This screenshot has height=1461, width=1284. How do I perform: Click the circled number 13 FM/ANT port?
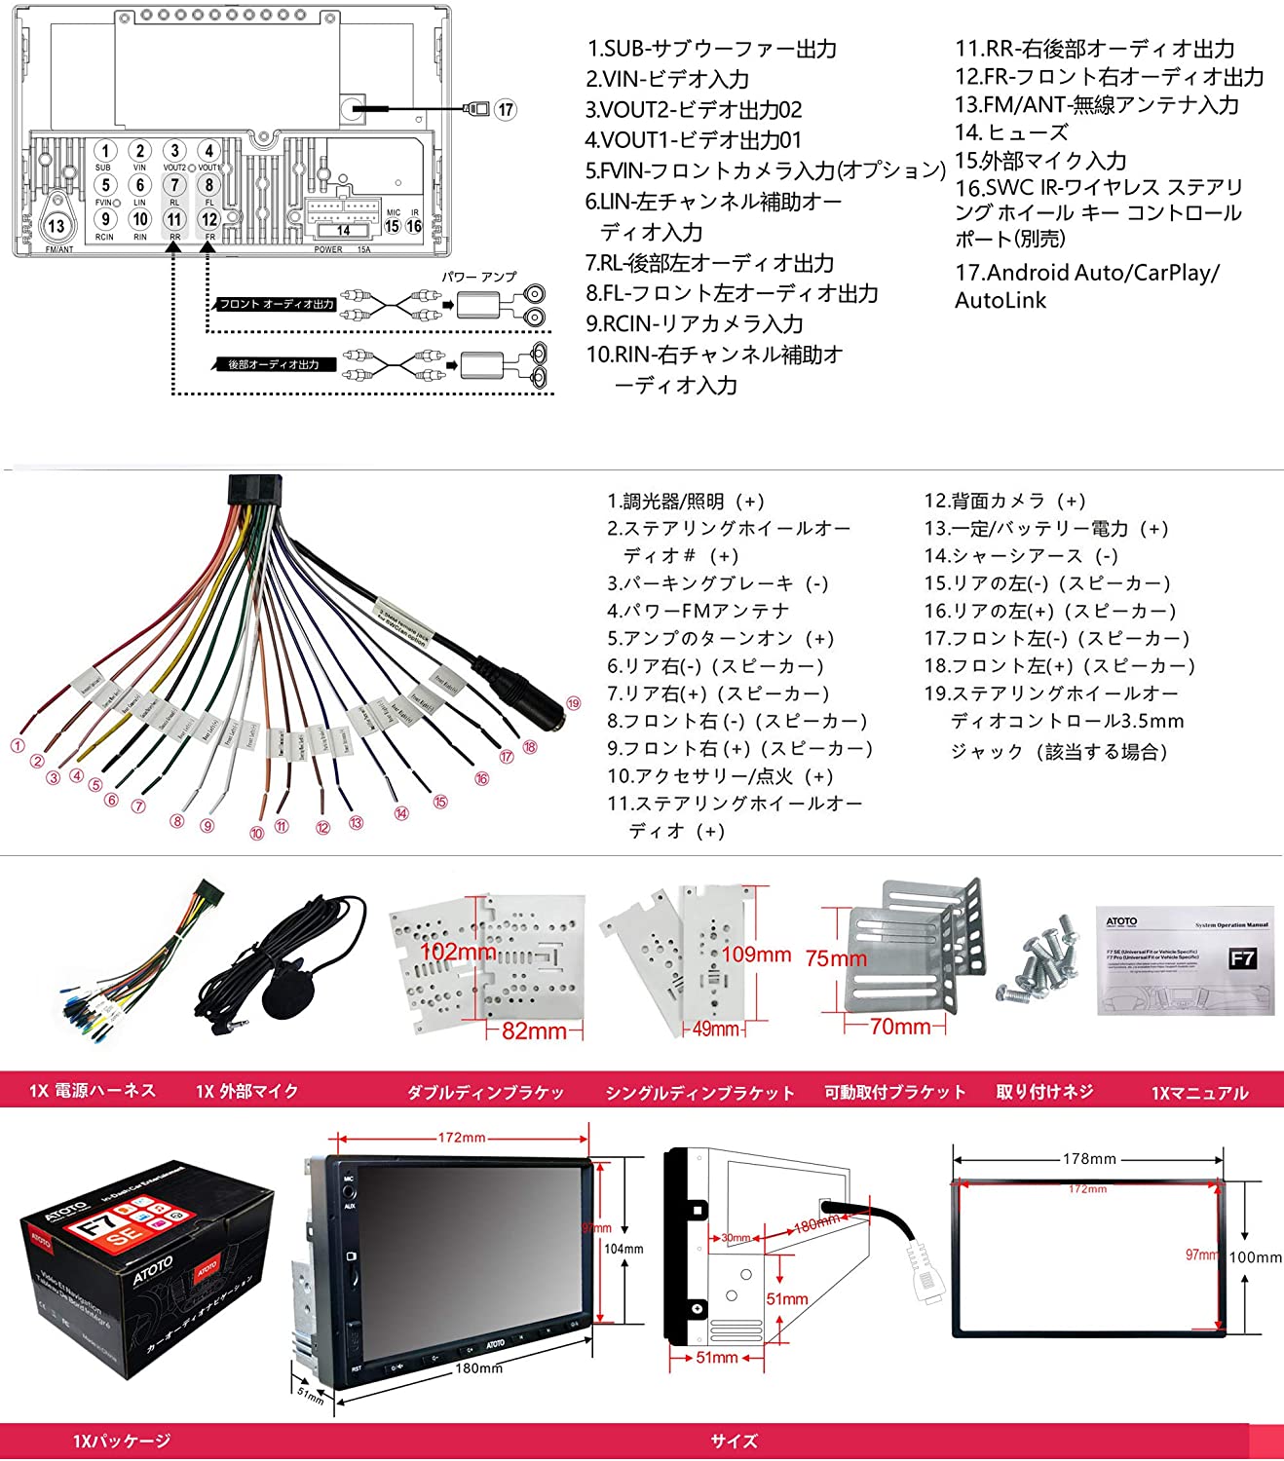point(57,226)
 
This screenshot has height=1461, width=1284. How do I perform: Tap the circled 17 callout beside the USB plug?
point(505,109)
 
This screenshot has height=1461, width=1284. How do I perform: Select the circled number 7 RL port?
point(174,185)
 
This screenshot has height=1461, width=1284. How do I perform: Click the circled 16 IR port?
point(414,226)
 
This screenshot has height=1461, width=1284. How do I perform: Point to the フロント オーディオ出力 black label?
point(276,304)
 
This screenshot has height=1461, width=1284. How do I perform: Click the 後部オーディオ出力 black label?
point(274,364)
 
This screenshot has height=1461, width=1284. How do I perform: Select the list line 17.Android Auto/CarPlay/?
point(1086,273)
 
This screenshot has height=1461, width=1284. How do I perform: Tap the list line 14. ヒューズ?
point(1011,132)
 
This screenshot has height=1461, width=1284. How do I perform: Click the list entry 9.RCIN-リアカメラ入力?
point(695,323)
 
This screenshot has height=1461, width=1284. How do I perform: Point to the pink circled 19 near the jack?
point(573,703)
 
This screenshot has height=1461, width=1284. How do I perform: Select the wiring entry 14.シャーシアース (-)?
point(1020,556)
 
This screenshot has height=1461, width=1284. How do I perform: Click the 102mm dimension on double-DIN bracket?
point(458,952)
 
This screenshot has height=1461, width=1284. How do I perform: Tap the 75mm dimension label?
point(836,958)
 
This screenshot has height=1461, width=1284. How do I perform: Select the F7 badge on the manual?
point(1242,958)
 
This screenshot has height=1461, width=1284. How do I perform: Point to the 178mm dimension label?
point(1089,1159)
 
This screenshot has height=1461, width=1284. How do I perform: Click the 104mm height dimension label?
point(623,1249)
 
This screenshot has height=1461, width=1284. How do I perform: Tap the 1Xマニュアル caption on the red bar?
point(1199,1093)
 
